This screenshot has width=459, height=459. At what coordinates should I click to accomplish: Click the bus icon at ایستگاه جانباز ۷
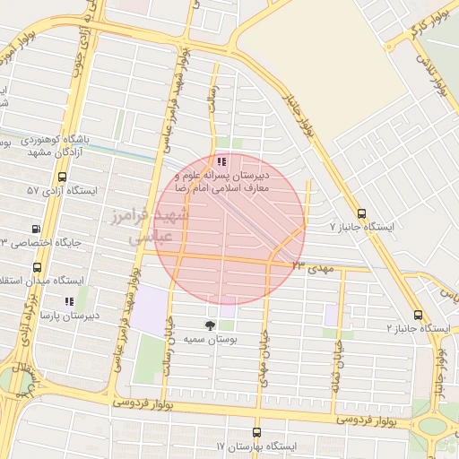pos(361,213)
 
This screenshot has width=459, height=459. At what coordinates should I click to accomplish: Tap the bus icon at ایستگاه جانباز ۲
pos(418,315)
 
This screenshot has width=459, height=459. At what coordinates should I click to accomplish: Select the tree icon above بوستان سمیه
pos(211,325)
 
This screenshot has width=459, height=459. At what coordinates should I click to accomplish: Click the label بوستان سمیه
pos(211,341)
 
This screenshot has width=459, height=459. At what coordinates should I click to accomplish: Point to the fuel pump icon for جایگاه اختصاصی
pos(36,229)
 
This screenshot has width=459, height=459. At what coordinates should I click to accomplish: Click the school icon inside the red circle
pos(221,162)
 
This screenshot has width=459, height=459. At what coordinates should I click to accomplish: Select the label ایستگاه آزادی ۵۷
pos(66,191)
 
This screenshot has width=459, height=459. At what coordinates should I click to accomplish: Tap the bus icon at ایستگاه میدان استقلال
pos(37,267)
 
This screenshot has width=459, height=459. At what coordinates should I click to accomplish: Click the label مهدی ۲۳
pos(310,266)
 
